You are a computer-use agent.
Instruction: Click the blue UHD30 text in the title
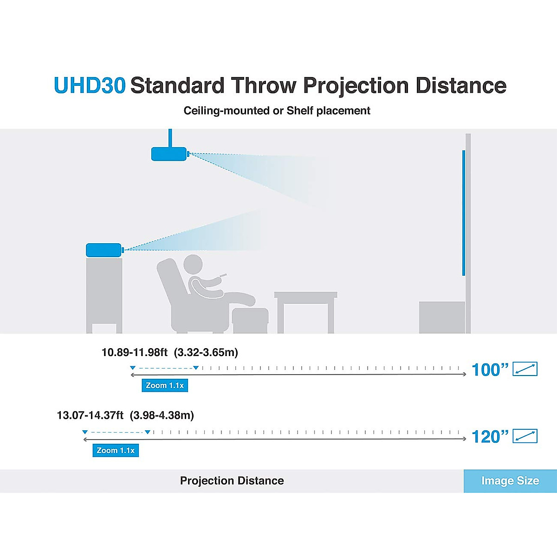click(x=90, y=85)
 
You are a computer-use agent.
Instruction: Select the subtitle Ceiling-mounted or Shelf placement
click(x=277, y=111)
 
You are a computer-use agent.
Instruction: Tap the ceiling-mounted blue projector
click(x=169, y=154)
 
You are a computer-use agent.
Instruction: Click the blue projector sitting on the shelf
click(x=104, y=250)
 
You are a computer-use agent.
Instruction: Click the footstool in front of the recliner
click(x=250, y=320)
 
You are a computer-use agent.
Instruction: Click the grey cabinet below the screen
click(x=441, y=317)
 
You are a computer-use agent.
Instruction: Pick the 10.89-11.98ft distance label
click(x=134, y=352)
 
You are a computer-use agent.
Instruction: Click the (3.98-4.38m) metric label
click(x=162, y=415)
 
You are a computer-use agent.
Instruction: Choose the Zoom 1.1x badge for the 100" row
click(x=165, y=385)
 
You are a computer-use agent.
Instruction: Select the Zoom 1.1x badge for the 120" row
click(x=116, y=450)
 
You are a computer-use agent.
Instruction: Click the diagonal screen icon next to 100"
click(x=525, y=369)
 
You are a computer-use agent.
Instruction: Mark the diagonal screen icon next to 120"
click(x=525, y=436)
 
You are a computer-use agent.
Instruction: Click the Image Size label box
click(x=510, y=481)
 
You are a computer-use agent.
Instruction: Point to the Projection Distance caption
click(x=232, y=481)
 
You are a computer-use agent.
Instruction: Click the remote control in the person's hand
click(x=223, y=276)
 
